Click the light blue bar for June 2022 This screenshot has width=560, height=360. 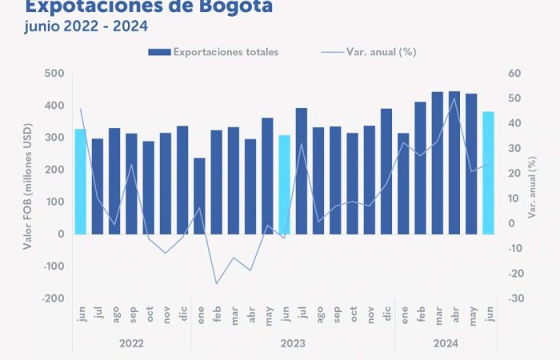[80, 182]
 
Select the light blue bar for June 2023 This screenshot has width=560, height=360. [284, 185]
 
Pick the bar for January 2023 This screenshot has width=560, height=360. [199, 196]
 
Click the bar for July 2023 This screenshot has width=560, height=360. [302, 171]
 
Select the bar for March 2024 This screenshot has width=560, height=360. [437, 163]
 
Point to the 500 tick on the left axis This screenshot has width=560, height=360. [54, 74]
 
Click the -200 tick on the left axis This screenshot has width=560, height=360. [53, 298]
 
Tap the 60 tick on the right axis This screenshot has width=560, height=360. [514, 74]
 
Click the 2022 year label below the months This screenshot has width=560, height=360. [131, 342]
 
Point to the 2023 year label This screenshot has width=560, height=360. [293, 342]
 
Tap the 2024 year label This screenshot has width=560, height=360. [446, 342]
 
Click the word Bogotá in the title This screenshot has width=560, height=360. [233, 7]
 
